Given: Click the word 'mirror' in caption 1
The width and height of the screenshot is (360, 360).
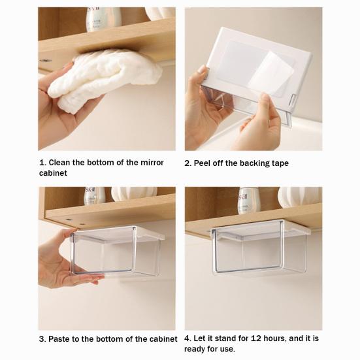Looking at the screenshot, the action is coord(152,163).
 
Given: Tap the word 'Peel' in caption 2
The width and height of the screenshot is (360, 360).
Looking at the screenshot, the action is coord(202,163).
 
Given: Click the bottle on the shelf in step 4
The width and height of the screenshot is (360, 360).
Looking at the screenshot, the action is coord(248,201).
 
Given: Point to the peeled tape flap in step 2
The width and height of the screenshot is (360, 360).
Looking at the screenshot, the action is coord(271,73).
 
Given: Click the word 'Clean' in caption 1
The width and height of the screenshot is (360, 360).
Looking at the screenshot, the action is coord(59,163).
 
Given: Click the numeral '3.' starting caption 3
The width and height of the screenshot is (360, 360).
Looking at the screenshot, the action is coord(42,339).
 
